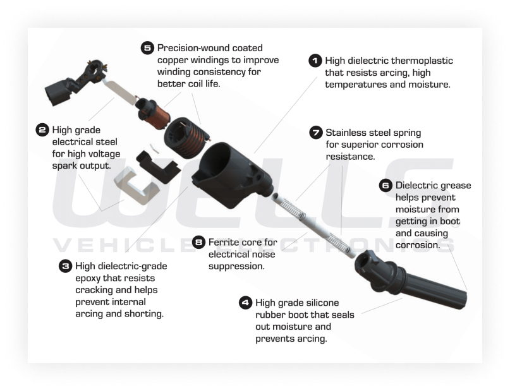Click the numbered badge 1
(x=315, y=61)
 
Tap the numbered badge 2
(x=42, y=130)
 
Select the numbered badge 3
(x=65, y=266)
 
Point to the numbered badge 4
(x=245, y=303)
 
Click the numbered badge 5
(x=147, y=48)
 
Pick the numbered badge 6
(x=386, y=186)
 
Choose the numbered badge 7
(x=315, y=133)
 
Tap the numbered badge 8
(x=198, y=242)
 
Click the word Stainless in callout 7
(x=346, y=133)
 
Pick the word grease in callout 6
(x=456, y=186)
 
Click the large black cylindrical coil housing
(x=231, y=176)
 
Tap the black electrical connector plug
(x=61, y=92)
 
